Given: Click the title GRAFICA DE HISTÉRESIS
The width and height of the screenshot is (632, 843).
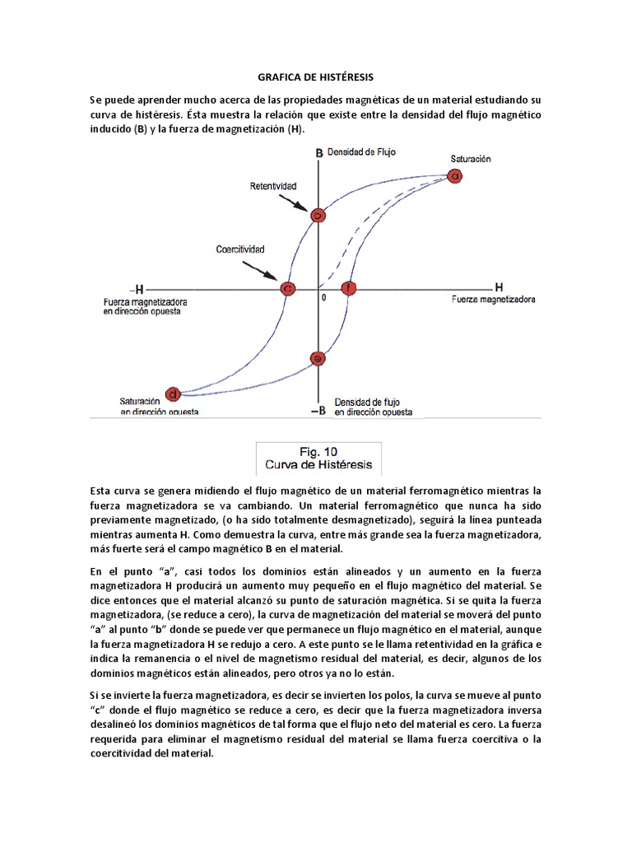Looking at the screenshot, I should point(315,77).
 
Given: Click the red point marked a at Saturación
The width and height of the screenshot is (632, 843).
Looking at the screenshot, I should point(454,175).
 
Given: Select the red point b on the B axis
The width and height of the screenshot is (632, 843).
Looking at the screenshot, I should point(318,216).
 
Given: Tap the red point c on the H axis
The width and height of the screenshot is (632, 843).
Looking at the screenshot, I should point(288,288).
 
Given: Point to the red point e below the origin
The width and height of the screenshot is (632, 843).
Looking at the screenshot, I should point(318,357).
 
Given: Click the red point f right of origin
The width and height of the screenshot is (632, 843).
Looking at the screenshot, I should point(349,288).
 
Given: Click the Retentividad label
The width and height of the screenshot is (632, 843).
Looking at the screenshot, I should point(273,187).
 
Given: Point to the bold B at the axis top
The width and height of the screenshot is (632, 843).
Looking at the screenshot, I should point(319,153).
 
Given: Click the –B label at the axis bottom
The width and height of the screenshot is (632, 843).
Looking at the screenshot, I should point(318,410).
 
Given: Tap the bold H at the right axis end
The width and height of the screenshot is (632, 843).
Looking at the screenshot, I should point(499,287).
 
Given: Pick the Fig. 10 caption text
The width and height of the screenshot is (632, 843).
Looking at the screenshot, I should point(318,451).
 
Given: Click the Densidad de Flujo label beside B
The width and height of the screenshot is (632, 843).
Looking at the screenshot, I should point(362,152).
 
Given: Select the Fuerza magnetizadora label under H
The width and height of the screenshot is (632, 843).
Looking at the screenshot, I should point(494,300).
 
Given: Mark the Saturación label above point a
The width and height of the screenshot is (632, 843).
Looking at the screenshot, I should point(471,158).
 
